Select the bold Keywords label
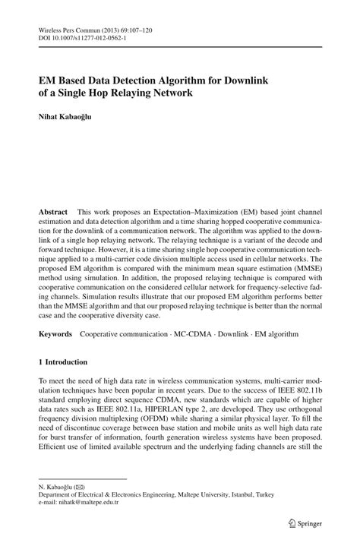56,333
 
